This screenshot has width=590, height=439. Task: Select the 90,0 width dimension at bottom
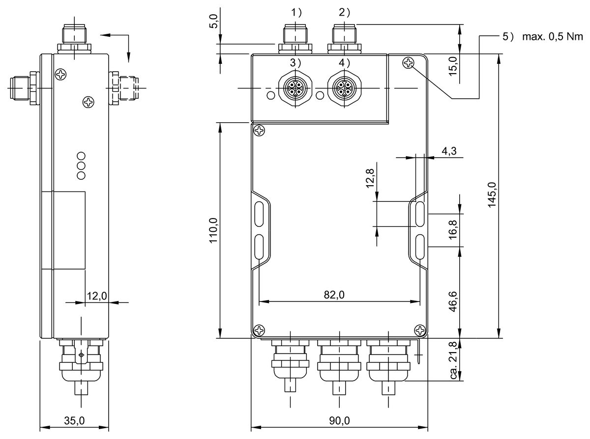[339, 421]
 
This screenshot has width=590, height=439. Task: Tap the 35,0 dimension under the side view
[75, 421]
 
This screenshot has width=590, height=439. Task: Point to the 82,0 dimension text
[334, 295]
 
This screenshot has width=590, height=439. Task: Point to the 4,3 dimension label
[449, 152]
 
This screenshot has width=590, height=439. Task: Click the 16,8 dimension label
[453, 229]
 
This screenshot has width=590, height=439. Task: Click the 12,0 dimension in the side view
[96, 296]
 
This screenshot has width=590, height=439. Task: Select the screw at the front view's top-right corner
[408, 63]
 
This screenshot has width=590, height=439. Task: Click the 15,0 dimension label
[453, 65]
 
